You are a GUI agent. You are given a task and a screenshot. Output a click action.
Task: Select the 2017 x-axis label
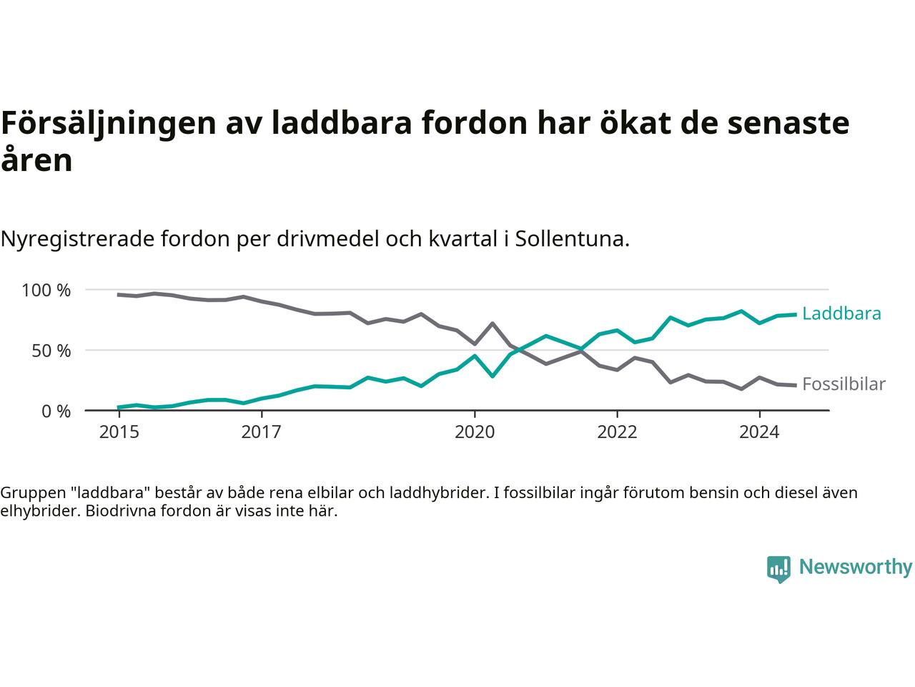(262, 432)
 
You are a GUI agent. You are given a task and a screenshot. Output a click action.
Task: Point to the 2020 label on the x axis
(475, 432)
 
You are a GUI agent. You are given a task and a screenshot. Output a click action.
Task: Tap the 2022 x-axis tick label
(617, 432)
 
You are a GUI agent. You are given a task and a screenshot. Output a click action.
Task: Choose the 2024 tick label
(759, 432)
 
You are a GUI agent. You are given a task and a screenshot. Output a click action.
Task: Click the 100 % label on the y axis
(46, 291)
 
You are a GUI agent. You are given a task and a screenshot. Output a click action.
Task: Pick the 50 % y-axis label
(51, 351)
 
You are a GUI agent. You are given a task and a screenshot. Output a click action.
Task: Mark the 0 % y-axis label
(56, 411)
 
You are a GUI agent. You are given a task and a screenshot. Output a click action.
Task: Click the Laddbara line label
(841, 313)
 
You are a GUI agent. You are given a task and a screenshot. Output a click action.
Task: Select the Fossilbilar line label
(844, 384)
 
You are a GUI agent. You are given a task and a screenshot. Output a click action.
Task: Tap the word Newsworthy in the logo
(855, 567)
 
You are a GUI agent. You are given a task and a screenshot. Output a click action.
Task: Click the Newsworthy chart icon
(778, 569)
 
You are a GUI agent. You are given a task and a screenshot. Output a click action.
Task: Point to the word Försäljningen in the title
(108, 123)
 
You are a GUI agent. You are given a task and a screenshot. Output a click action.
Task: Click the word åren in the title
(36, 160)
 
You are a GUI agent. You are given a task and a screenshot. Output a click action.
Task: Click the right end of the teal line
(795, 314)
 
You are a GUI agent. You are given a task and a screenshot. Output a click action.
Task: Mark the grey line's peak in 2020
(493, 323)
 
